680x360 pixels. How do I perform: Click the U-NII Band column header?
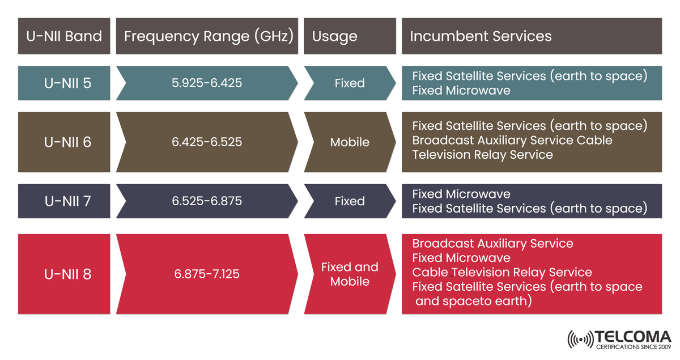click(64, 36)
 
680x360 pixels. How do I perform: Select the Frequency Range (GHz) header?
click(209, 36)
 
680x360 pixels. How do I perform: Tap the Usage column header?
click(335, 36)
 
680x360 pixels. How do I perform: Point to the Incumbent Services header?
click(481, 36)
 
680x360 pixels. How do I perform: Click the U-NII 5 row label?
click(67, 83)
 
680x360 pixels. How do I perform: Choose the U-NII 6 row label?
click(67, 142)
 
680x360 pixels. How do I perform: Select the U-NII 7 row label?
click(67, 201)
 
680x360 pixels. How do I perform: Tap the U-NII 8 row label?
click(67, 274)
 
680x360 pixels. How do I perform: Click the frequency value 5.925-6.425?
click(207, 83)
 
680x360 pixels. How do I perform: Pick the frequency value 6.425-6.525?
click(207, 142)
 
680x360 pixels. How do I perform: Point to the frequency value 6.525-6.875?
click(207, 201)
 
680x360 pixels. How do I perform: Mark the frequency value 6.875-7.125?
click(207, 274)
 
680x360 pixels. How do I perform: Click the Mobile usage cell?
click(350, 142)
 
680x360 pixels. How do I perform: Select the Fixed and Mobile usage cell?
click(350, 274)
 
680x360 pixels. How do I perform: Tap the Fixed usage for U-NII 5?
click(350, 83)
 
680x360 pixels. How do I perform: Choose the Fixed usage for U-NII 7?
click(350, 201)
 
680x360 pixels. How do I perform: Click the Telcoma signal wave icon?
click(580, 338)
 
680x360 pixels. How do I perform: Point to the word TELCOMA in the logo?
click(633, 336)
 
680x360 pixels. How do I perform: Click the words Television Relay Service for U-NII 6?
click(482, 155)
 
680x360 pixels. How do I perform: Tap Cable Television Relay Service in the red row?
click(502, 272)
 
